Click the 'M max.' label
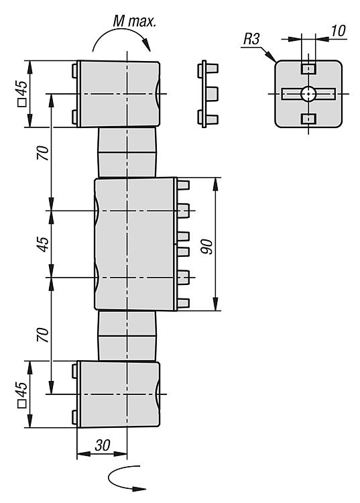[x=134, y=21]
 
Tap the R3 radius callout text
[x=251, y=40]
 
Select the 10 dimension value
[x=338, y=31]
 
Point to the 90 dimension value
[x=208, y=246]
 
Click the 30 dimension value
[x=103, y=445]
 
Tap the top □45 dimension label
[x=22, y=93]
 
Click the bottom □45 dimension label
[x=22, y=394]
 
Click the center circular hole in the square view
[x=308, y=94]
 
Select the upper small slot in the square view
[x=308, y=68]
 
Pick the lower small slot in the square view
[x=308, y=119]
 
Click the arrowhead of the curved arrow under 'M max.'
[x=147, y=44]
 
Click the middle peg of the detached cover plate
[x=213, y=94]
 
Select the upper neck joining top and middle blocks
[x=127, y=152]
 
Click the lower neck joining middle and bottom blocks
[x=127, y=336]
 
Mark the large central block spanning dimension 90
[x=135, y=244]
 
